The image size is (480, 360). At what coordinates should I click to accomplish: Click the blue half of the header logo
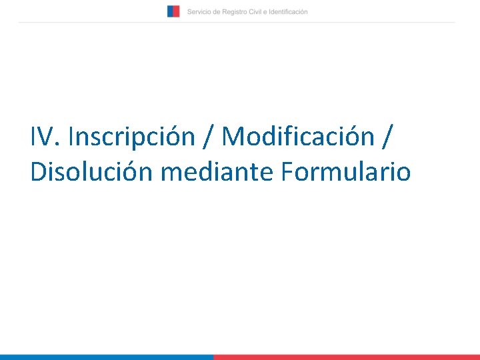(x=170, y=11)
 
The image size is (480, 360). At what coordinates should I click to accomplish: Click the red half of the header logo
(x=176, y=11)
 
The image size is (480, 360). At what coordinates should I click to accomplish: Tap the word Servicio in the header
(x=199, y=12)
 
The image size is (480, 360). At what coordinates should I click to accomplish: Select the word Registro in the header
(x=234, y=12)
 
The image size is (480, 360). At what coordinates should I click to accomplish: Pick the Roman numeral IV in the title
(x=43, y=137)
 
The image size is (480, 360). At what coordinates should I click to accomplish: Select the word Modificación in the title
(x=298, y=137)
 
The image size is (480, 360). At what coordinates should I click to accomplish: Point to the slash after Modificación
(x=387, y=137)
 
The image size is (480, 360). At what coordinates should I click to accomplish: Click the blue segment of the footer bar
(x=107, y=357)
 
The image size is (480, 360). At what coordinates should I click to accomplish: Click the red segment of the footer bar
(x=347, y=357)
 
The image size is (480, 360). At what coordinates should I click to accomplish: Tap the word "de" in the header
(x=215, y=12)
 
